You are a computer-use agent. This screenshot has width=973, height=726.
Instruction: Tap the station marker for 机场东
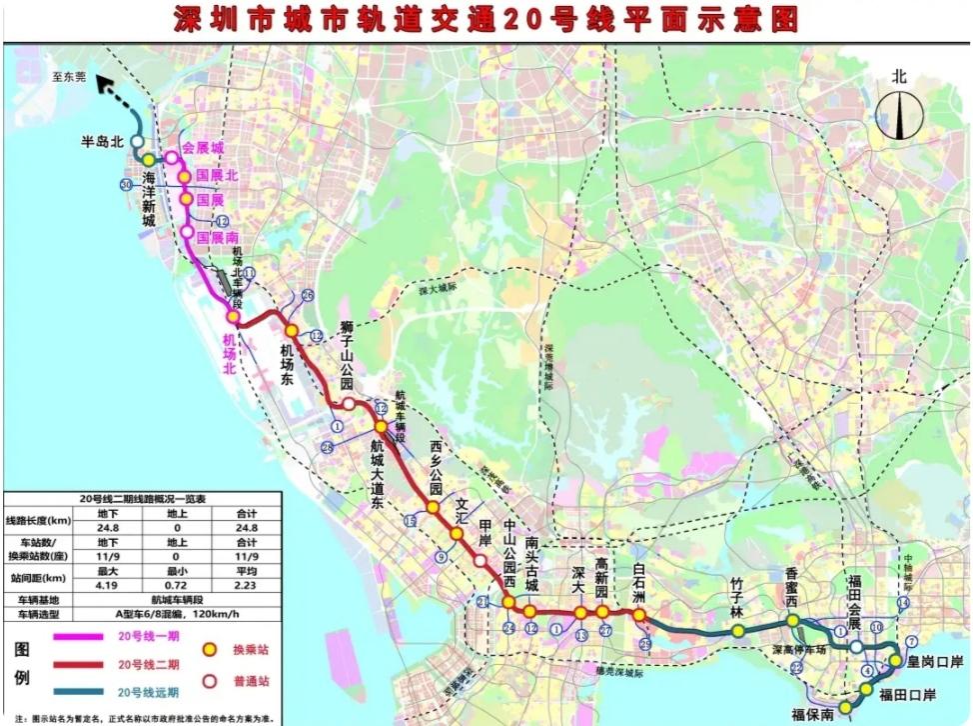pyautogui.click(x=292, y=330)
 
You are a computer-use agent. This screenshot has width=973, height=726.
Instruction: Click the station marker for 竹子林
pyautogui.click(x=737, y=631)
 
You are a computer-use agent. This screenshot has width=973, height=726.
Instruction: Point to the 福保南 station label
pyautogui.click(x=811, y=714)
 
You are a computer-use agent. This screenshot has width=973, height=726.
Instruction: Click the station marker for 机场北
pyautogui.click(x=232, y=317)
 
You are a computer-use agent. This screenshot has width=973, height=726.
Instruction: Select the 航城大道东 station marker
pyautogui.click(x=381, y=427)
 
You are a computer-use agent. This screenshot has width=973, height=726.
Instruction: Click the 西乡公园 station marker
pyautogui.click(x=433, y=508)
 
